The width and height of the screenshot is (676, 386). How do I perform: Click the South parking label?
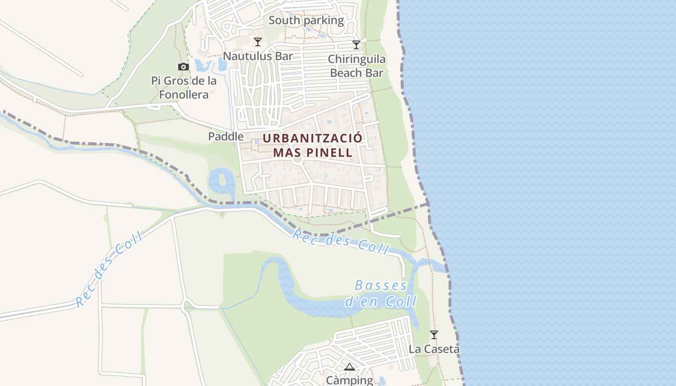[306, 20]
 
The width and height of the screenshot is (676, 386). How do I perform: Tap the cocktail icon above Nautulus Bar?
[258, 42]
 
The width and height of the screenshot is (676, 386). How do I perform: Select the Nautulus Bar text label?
[258, 56]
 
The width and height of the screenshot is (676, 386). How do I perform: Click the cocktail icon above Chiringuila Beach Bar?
[356, 45]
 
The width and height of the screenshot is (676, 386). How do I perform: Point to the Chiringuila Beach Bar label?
[356, 66]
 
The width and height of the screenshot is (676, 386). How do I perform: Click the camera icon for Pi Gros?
[183, 67]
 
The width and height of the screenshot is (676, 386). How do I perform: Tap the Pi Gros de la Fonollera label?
[184, 87]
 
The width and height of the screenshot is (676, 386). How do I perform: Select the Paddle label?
[225, 137]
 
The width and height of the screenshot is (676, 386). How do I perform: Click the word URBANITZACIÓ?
[312, 138]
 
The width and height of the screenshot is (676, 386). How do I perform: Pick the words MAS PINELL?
[312, 152]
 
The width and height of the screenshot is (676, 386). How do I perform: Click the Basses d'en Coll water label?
[380, 294]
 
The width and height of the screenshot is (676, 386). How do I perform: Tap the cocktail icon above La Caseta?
[434, 334]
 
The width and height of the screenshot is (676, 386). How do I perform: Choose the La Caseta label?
[434, 348]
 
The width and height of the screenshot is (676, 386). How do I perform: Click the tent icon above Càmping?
[350, 367]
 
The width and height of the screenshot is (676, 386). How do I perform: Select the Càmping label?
[350, 380]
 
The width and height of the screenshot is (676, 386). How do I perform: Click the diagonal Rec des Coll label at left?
[109, 269]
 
